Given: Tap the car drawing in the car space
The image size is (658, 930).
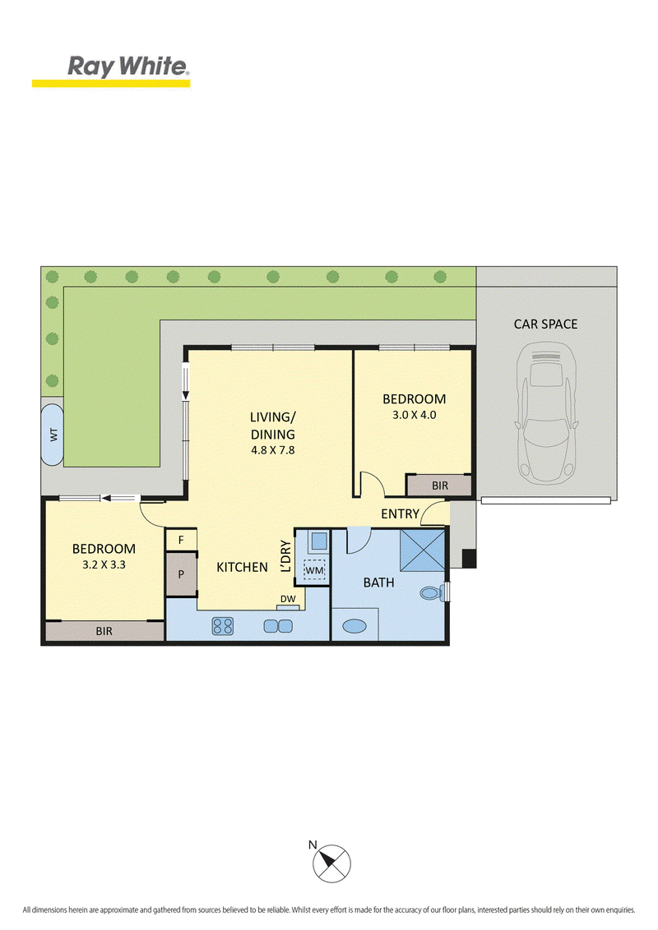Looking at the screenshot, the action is point(546,415).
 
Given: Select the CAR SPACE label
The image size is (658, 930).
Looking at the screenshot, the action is point(545,324).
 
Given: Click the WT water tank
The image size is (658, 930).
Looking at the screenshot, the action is point(53,435).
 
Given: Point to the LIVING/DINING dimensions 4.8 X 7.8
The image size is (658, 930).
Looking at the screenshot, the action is point(272,450).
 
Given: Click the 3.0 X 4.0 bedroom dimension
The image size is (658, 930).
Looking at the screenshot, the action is point(414,415).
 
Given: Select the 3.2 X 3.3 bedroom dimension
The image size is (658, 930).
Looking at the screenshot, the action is point(104,564).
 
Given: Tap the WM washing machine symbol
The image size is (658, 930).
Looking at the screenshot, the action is point(314,571).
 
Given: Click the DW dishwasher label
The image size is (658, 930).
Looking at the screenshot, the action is point(288,599).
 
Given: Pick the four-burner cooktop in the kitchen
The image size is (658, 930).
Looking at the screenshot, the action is point(223,626).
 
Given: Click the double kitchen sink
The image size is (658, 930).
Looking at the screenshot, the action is point(278,626).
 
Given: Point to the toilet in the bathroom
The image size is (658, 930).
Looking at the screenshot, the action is point(432,592).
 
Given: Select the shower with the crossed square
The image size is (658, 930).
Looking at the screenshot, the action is point(422,550).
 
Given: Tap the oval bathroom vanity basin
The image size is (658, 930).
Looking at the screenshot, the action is point(354,626).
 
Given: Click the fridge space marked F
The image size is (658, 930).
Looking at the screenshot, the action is point(180,540).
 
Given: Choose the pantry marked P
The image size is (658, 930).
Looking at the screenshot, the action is point(180,574).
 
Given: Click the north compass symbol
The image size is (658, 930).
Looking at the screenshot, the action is point(331,863).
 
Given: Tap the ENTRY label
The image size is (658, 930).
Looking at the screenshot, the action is point(400,513).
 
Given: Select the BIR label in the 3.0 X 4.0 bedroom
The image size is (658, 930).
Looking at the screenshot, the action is point(440,486).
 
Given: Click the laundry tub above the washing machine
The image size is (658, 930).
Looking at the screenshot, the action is point(318,541).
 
